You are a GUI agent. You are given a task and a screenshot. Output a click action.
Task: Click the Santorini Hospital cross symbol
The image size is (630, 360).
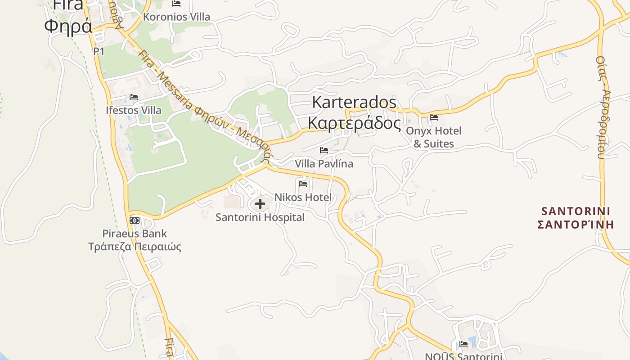[x=260, y=204]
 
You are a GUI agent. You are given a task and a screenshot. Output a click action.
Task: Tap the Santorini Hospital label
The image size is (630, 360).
[x=260, y=217]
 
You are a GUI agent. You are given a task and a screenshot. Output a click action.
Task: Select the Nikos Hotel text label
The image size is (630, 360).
[x=303, y=197]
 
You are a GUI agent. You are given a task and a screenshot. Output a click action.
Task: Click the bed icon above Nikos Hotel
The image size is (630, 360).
[x=303, y=184]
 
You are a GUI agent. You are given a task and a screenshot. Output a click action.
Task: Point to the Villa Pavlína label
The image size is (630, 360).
[x=324, y=164]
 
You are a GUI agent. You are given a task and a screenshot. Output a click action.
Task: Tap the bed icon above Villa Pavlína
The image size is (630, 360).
[x=324, y=150]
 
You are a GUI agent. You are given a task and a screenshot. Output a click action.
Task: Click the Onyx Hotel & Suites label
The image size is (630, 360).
[x=434, y=137]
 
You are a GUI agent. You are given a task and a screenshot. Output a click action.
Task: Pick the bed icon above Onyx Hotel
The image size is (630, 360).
[x=434, y=117]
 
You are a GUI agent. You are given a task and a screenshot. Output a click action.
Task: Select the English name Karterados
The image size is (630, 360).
[x=354, y=102]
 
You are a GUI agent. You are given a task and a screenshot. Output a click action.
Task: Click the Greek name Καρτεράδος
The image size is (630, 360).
[x=354, y=122]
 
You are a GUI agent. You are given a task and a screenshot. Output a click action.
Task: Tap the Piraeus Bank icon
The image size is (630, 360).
[x=135, y=220]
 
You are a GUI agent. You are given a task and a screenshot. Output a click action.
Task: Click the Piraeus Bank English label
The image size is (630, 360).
[x=135, y=234]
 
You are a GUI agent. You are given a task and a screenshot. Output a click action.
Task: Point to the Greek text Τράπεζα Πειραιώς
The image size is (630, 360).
[x=135, y=247]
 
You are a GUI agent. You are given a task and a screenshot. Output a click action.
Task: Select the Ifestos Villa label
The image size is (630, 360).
[x=133, y=110]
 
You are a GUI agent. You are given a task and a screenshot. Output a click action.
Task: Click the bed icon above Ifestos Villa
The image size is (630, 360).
[x=133, y=97]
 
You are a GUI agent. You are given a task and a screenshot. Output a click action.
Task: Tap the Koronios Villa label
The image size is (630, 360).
[x=176, y=17]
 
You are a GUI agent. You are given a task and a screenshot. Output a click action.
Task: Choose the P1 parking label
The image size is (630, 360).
[x=99, y=52]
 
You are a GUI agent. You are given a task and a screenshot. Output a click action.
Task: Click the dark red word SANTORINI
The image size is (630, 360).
[x=576, y=211]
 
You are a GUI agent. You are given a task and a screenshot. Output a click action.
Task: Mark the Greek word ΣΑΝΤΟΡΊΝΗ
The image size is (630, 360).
[x=576, y=224]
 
